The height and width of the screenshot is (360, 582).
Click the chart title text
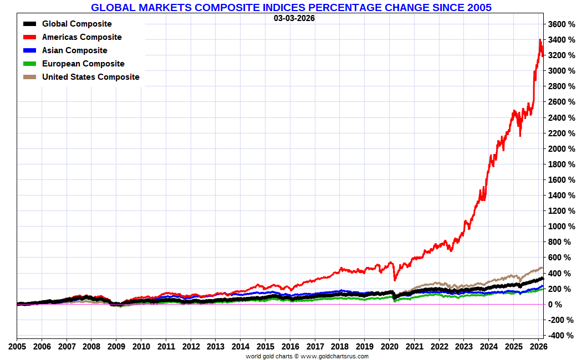[291, 7]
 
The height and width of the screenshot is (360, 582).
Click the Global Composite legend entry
[76, 24]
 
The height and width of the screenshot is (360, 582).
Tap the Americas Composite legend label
[81, 37]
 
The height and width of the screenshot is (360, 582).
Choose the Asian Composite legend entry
[74, 50]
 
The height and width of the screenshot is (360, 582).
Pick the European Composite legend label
[83, 64]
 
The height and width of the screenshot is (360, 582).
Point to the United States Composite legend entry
[90, 77]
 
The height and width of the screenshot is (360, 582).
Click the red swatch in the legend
[30, 37]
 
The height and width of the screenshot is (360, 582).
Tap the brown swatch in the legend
[30, 77]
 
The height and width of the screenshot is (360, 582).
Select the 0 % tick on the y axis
[555, 305]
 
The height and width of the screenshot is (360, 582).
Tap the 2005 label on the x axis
[17, 347]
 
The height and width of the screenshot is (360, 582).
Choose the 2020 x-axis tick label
[389, 347]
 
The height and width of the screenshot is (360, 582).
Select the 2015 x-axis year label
[265, 347]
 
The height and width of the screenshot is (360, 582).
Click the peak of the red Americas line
[540, 40]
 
